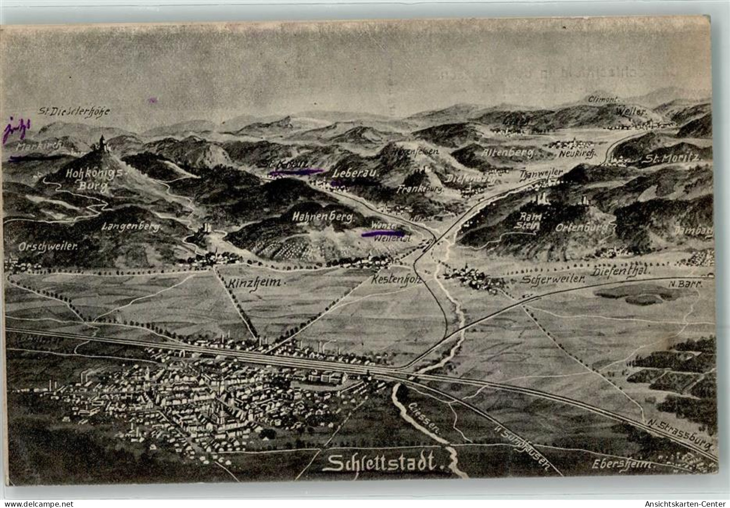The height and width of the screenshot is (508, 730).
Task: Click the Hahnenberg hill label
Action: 322,217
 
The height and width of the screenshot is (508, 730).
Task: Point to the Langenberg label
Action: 131,227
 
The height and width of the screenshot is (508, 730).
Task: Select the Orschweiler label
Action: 49,246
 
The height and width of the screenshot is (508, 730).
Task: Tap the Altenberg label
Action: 508,153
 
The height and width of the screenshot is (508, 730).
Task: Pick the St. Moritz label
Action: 672,158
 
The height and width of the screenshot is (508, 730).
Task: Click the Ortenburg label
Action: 581,227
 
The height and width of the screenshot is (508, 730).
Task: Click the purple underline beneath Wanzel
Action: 383,233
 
